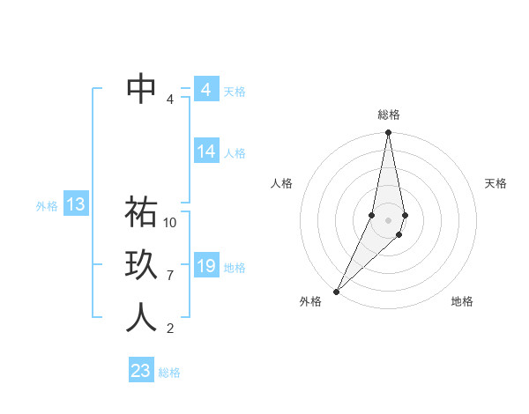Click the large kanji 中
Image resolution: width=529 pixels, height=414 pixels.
tap(142, 88)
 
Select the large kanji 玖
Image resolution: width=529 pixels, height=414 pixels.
tap(142, 265)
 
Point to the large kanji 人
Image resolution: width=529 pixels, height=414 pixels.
tap(142, 318)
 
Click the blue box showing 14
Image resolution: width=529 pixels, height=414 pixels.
tap(206, 152)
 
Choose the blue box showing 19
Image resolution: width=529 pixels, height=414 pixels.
tap(206, 265)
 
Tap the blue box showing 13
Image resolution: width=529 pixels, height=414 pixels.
tap(75, 205)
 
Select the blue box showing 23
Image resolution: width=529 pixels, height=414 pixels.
tap(141, 371)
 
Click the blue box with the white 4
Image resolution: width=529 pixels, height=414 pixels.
tap(206, 90)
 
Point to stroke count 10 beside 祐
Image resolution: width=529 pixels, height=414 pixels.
tap(170, 223)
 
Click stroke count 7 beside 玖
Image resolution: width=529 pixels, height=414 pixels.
tap(170, 276)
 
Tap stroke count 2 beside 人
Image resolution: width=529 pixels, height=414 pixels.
tap(170, 329)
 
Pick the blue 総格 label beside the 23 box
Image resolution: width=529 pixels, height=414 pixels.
tap(169, 373)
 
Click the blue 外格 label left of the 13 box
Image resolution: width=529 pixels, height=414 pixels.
tap(47, 206)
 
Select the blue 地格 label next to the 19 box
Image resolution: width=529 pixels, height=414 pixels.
tap(235, 267)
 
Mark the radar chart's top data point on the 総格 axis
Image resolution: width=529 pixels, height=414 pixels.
tap(388, 133)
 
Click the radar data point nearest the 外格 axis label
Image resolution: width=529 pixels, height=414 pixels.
tap(337, 291)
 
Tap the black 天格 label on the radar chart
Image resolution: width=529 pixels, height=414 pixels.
tap(496, 183)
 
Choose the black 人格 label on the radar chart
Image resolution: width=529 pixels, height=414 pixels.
tap(281, 183)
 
